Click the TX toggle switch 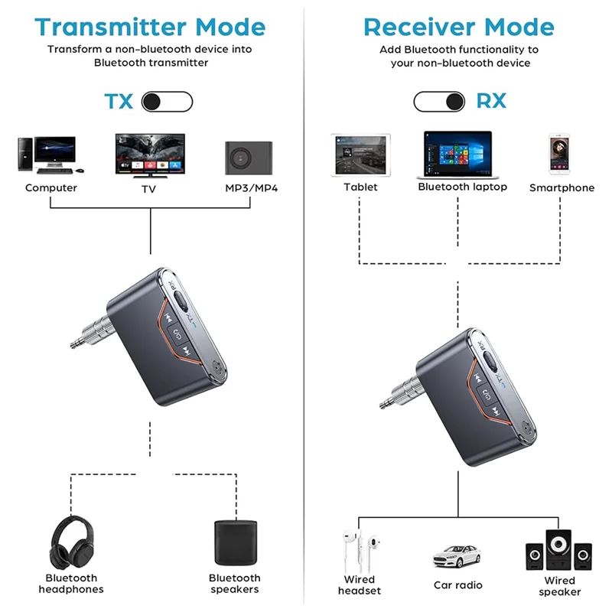pyautogui.click(x=168, y=101)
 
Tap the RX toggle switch pyautogui.click(x=439, y=101)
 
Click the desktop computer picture pyautogui.click(x=47, y=155)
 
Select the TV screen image pyautogui.click(x=150, y=155)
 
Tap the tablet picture pyautogui.click(x=360, y=156)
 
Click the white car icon pyautogui.click(x=457, y=557)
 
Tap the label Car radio pyautogui.click(x=457, y=585)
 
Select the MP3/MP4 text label pyautogui.click(x=251, y=187)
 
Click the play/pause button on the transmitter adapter pyautogui.click(x=177, y=334)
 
